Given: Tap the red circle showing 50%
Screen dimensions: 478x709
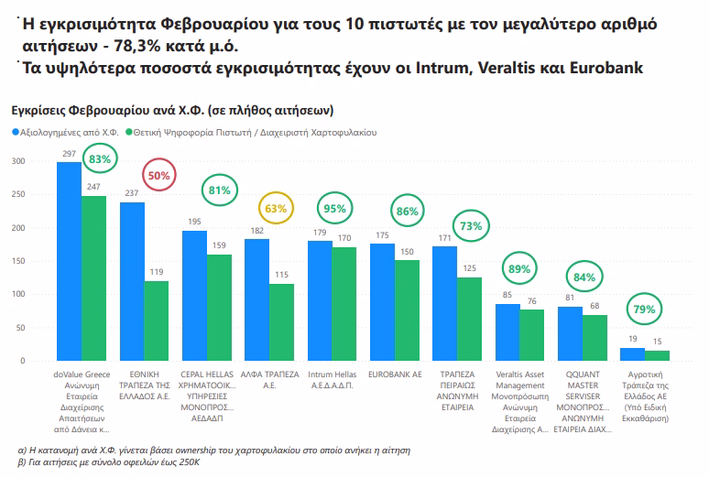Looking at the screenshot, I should point(159,175).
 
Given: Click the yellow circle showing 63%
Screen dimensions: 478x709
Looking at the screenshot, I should point(276,208).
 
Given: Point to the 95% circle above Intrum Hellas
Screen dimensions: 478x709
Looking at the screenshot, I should point(334,209).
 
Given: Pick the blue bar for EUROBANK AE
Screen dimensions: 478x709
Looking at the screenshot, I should point(382,302).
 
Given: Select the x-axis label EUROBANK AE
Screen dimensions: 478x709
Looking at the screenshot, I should point(395,374).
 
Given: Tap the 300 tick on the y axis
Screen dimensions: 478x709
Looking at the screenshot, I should point(17,161).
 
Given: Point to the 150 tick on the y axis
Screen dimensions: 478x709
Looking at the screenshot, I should point(17,261).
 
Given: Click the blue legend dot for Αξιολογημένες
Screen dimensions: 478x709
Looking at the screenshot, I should point(16,133).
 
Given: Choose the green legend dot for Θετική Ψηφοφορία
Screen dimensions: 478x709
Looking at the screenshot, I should point(132,133).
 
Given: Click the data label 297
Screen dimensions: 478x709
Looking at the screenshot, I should point(69,154).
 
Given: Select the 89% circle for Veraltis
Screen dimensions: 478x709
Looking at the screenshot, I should point(518,269).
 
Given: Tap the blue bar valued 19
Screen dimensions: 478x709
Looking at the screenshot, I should point(632,354).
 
